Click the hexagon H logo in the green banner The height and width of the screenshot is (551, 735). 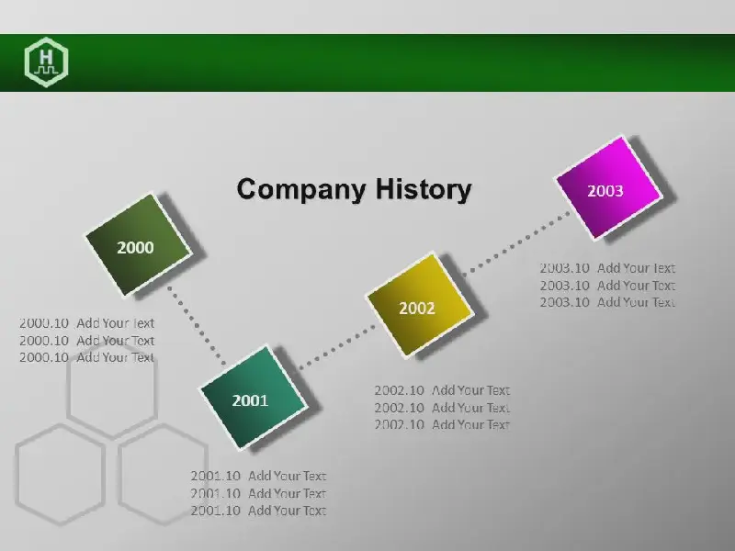(47, 62)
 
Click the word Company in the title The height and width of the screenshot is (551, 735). (301, 190)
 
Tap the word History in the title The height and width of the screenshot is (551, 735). (424, 189)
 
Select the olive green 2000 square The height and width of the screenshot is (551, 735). (139, 245)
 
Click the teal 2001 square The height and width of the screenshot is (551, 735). (254, 398)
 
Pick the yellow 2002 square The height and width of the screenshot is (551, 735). (420, 305)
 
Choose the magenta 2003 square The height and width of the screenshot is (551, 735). (609, 188)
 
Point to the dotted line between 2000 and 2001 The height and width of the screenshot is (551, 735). (197, 325)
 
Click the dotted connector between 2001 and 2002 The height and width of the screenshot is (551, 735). (336, 347)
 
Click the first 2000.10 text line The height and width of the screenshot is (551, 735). (86, 323)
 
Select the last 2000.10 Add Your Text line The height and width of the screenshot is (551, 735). (86, 357)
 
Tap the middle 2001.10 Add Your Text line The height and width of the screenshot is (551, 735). (258, 493)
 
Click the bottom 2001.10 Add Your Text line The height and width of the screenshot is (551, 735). (258, 511)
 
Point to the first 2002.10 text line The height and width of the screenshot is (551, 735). (442, 390)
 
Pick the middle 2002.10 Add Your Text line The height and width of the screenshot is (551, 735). (442, 408)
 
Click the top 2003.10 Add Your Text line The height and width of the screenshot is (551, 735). (607, 268)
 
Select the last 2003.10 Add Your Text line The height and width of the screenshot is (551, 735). (607, 302)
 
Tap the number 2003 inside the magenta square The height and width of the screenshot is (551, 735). (605, 191)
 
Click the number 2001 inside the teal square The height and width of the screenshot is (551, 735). (250, 400)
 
